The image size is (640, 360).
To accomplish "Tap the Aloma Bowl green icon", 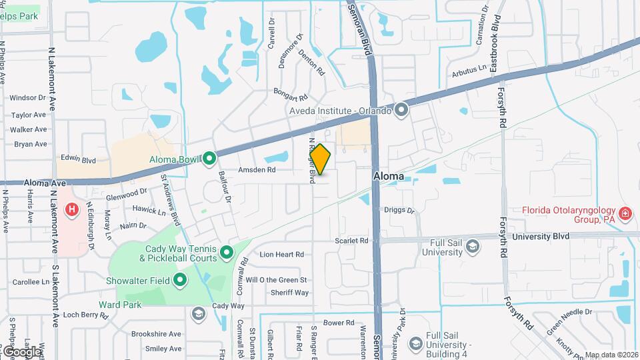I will coord(209,158).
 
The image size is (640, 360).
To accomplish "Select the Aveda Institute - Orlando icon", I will coord(401,109).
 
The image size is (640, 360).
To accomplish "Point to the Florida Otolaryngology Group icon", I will coord(625,213).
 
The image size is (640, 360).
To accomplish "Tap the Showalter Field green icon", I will coord(179,280).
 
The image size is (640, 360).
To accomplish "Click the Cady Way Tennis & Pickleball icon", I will coord(226,252).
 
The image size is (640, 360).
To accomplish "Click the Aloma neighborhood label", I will coord(388,176).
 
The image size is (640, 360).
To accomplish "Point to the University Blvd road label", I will coord(541,236).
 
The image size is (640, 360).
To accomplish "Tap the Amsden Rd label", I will coord(262,170).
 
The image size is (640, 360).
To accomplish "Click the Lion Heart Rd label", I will coord(281,254).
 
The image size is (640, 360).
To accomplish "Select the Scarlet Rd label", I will coord(352,240).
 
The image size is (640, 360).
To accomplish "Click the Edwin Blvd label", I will coord(79,159).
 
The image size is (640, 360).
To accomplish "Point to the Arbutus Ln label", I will coord(469,69).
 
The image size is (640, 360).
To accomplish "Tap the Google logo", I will coord(21,351).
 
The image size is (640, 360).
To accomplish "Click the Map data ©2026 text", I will coord(611,355).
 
